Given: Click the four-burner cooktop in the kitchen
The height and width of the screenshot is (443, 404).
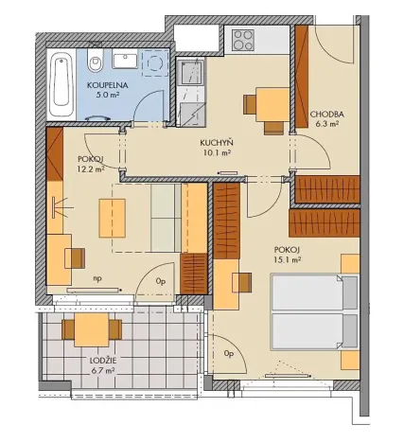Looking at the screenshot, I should (x=243, y=40).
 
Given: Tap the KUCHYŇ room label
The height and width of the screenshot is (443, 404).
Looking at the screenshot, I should (x=217, y=143).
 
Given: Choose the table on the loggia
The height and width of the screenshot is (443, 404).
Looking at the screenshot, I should (x=91, y=330).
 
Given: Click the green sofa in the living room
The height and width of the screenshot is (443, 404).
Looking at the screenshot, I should (x=166, y=216).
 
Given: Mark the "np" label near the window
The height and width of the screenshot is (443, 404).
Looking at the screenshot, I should (x=97, y=278).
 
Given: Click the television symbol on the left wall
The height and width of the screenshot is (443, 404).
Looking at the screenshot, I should (x=61, y=205).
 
